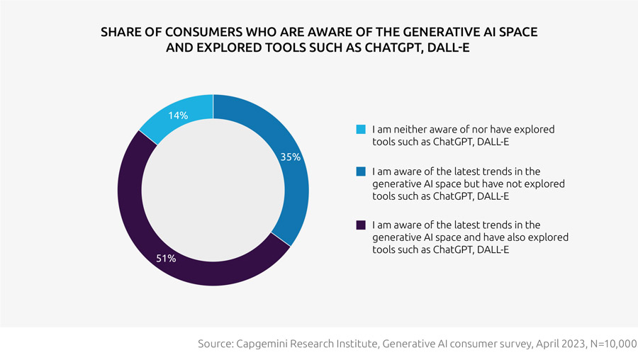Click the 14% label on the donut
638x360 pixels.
pyautogui.click(x=178, y=115)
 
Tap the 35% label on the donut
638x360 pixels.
pyautogui.click(x=291, y=157)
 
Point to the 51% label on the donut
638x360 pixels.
pyautogui.click(x=167, y=259)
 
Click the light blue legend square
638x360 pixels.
pyautogui.click(x=361, y=130)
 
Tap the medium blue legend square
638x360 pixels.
pyautogui.click(x=361, y=171)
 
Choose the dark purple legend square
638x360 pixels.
pyautogui.click(x=361, y=225)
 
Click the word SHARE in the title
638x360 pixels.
pyautogui.click(x=119, y=34)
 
